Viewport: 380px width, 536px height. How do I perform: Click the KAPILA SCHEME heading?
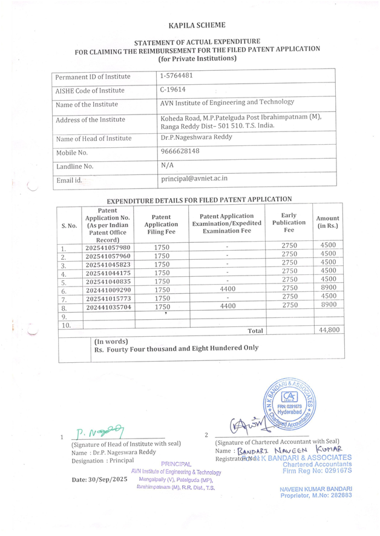click(198, 25)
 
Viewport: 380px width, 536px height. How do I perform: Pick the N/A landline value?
click(168, 165)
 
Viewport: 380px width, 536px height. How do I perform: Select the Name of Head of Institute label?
click(93, 139)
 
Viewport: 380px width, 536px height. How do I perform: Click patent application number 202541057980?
click(108, 246)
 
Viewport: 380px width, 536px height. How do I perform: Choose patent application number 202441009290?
click(108, 290)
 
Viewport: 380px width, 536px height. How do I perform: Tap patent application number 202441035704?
click(108, 307)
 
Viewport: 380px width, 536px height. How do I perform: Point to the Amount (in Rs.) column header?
click(328, 222)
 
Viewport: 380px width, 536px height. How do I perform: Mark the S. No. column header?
click(70, 225)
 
